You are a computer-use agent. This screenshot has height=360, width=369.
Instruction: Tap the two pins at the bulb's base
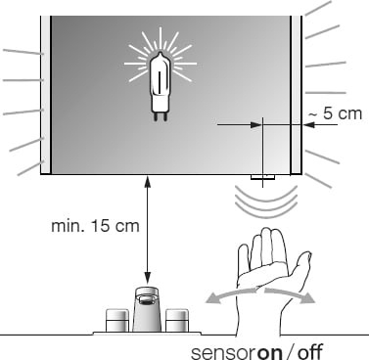click(x=160, y=116)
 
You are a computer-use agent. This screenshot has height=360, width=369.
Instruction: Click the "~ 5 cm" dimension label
click(x=335, y=113)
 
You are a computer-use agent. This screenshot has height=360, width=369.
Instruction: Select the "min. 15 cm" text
click(x=95, y=226)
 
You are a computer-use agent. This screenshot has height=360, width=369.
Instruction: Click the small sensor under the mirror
click(x=262, y=177)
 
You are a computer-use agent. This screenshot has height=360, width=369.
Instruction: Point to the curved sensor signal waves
click(x=266, y=202)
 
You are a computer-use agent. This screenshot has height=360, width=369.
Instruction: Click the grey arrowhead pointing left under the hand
click(x=212, y=298)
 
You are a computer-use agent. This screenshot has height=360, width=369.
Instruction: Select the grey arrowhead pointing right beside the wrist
click(x=307, y=297)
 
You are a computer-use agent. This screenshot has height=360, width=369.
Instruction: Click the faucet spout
click(x=147, y=309)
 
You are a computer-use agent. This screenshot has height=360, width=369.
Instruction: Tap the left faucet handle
click(x=117, y=321)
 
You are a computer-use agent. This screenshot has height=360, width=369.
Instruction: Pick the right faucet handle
click(x=177, y=321)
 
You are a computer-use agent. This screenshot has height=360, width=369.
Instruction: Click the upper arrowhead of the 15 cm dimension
click(x=148, y=181)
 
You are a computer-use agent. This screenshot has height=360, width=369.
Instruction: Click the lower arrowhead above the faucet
click(x=148, y=278)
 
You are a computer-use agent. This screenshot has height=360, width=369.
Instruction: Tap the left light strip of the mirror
click(x=45, y=95)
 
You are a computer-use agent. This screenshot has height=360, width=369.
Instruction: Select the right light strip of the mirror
click(x=297, y=95)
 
